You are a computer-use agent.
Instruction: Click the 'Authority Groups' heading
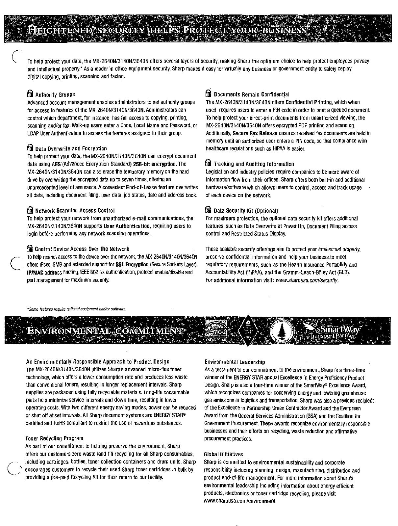[55, 95]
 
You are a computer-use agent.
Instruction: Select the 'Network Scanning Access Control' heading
[75, 210]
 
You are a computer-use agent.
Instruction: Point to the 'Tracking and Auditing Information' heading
[254, 164]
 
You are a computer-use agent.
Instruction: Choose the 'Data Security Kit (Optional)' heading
[246, 211]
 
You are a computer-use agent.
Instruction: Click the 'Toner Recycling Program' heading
[54, 438]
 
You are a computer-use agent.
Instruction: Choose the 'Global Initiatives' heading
[223, 454]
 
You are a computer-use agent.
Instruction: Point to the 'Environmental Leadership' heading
[235, 362]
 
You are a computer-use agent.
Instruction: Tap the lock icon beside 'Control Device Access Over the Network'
[30, 249]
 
